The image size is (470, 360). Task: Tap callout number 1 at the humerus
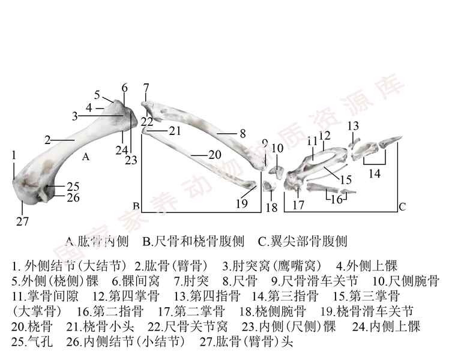(13, 155)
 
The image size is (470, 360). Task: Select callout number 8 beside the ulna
(243, 133)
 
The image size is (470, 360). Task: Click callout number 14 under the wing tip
(375, 173)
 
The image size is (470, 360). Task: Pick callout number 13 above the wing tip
(353, 125)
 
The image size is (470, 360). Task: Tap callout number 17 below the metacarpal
(299, 205)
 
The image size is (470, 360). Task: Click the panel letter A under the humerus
(86, 157)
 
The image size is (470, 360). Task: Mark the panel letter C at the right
(402, 207)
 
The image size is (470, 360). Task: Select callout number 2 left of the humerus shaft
(47, 140)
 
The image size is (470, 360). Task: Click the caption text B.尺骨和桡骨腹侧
(193, 242)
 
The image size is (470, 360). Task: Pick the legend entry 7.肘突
(192, 280)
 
